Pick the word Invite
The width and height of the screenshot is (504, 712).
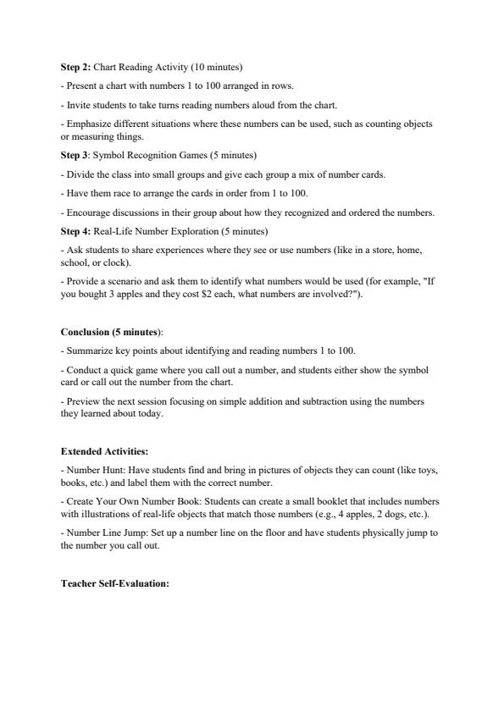pyautogui.click(x=79, y=104)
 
